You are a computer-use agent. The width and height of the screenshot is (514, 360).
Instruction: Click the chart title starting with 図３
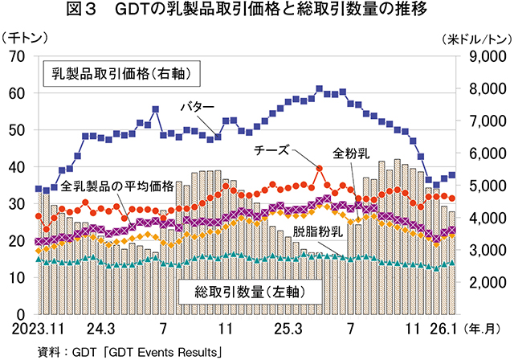coord(257,11)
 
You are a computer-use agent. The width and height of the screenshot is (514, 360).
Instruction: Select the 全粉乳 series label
coord(351,153)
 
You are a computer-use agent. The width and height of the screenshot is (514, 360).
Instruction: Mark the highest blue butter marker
coord(319,88)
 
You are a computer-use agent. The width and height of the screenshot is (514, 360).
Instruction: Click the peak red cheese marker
coord(319,169)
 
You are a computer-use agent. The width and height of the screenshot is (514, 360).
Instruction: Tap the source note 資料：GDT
coord(128,351)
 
